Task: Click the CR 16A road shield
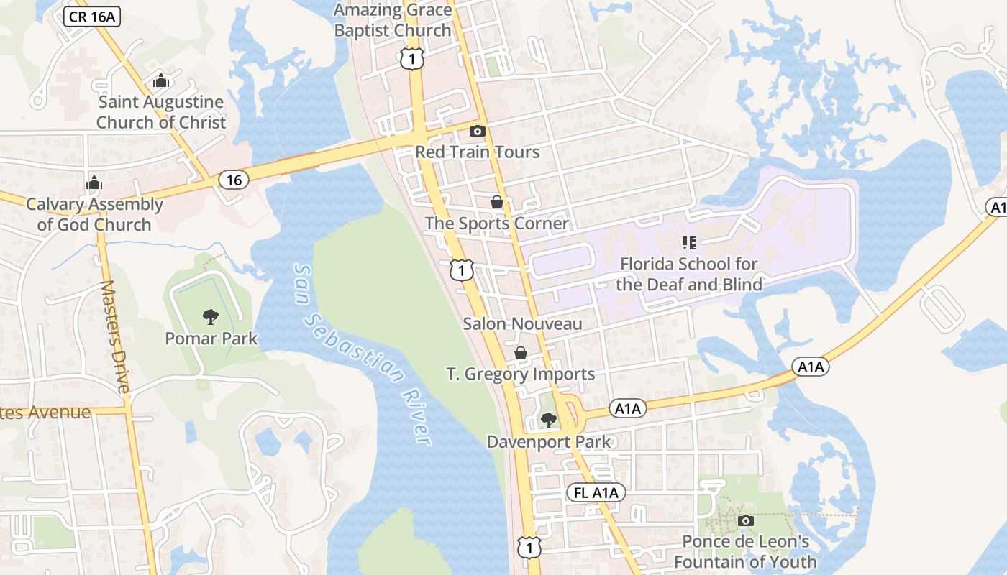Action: click(92, 17)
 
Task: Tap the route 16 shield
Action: click(234, 180)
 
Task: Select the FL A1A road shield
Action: click(596, 492)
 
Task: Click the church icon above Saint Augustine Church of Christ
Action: click(161, 80)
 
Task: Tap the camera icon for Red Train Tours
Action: click(477, 131)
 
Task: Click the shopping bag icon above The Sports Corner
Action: click(496, 202)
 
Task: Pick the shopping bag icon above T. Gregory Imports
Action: click(520, 353)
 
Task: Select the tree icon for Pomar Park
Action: click(211, 316)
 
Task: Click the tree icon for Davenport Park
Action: click(549, 420)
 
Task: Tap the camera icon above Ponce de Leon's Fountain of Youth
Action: click(746, 520)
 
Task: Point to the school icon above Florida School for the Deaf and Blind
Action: click(688, 243)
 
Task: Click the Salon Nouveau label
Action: click(522, 323)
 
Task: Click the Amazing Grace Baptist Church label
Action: click(393, 20)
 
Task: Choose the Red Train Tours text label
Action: click(477, 152)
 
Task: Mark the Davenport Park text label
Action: click(548, 441)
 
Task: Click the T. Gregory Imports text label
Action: click(520, 374)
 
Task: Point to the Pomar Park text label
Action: click(211, 338)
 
